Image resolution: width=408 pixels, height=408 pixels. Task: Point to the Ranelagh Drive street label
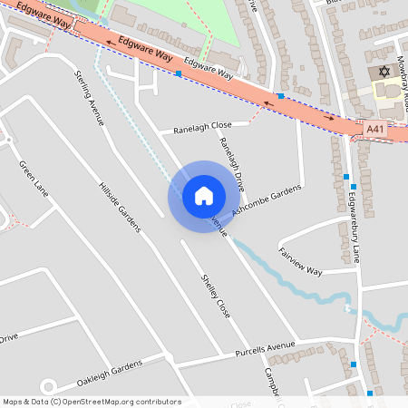coord(231,163)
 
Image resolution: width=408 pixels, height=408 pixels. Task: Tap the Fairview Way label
coord(300,259)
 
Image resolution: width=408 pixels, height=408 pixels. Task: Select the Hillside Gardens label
coord(120,206)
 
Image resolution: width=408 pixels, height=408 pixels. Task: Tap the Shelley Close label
coord(216,295)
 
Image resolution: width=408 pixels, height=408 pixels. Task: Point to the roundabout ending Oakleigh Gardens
coord(48,386)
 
